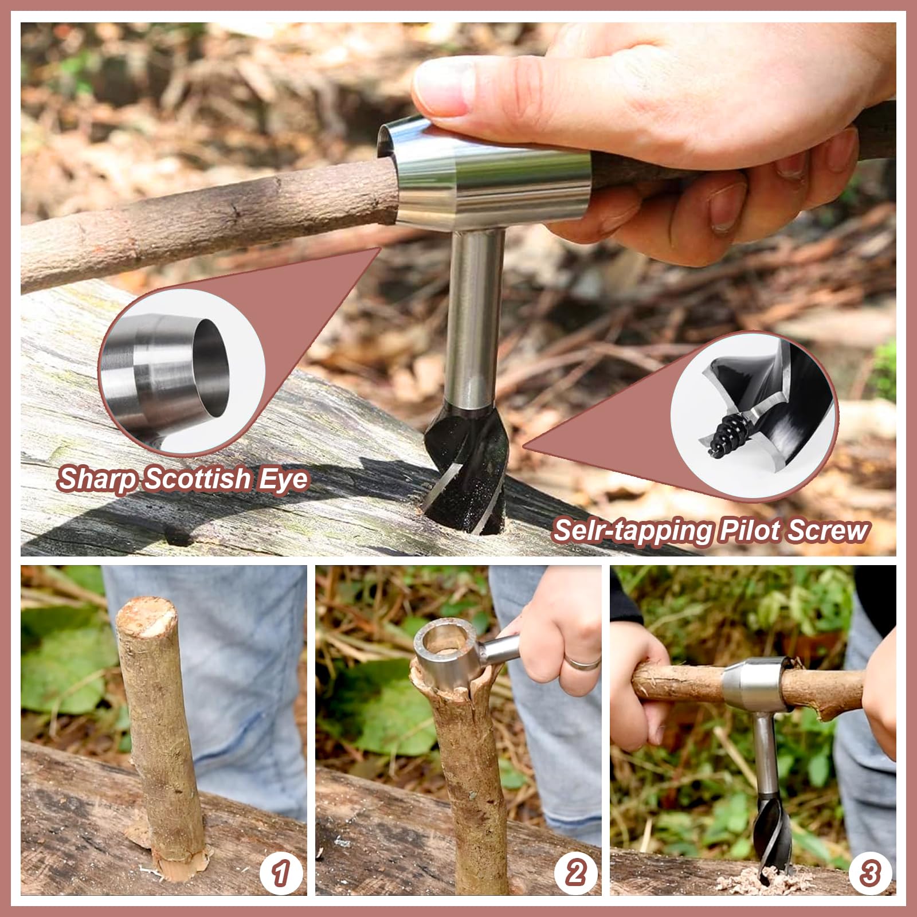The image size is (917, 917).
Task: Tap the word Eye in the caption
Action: pyautogui.click(x=283, y=479)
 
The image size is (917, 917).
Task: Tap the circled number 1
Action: pyautogui.click(x=280, y=873)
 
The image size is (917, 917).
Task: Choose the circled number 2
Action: pyautogui.click(x=575, y=873)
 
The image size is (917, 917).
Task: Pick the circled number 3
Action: pyautogui.click(x=869, y=873)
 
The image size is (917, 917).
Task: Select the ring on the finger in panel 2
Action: pyautogui.click(x=583, y=664)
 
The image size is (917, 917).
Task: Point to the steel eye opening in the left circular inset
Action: pyautogui.click(x=209, y=367)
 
